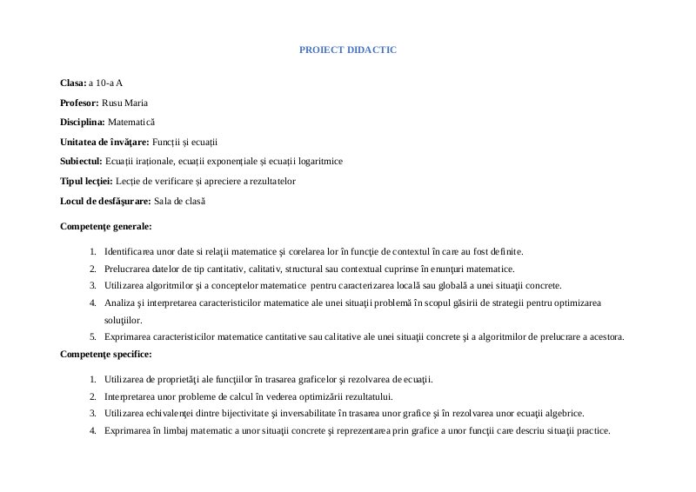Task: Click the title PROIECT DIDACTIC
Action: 347,50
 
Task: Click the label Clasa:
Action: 73,83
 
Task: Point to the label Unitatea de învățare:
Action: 104,142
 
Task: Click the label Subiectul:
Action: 81,161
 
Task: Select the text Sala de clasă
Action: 179,201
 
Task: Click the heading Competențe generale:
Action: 106,226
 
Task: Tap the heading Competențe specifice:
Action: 106,354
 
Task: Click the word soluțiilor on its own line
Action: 123,320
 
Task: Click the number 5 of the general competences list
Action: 92,336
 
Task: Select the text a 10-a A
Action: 105,83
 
